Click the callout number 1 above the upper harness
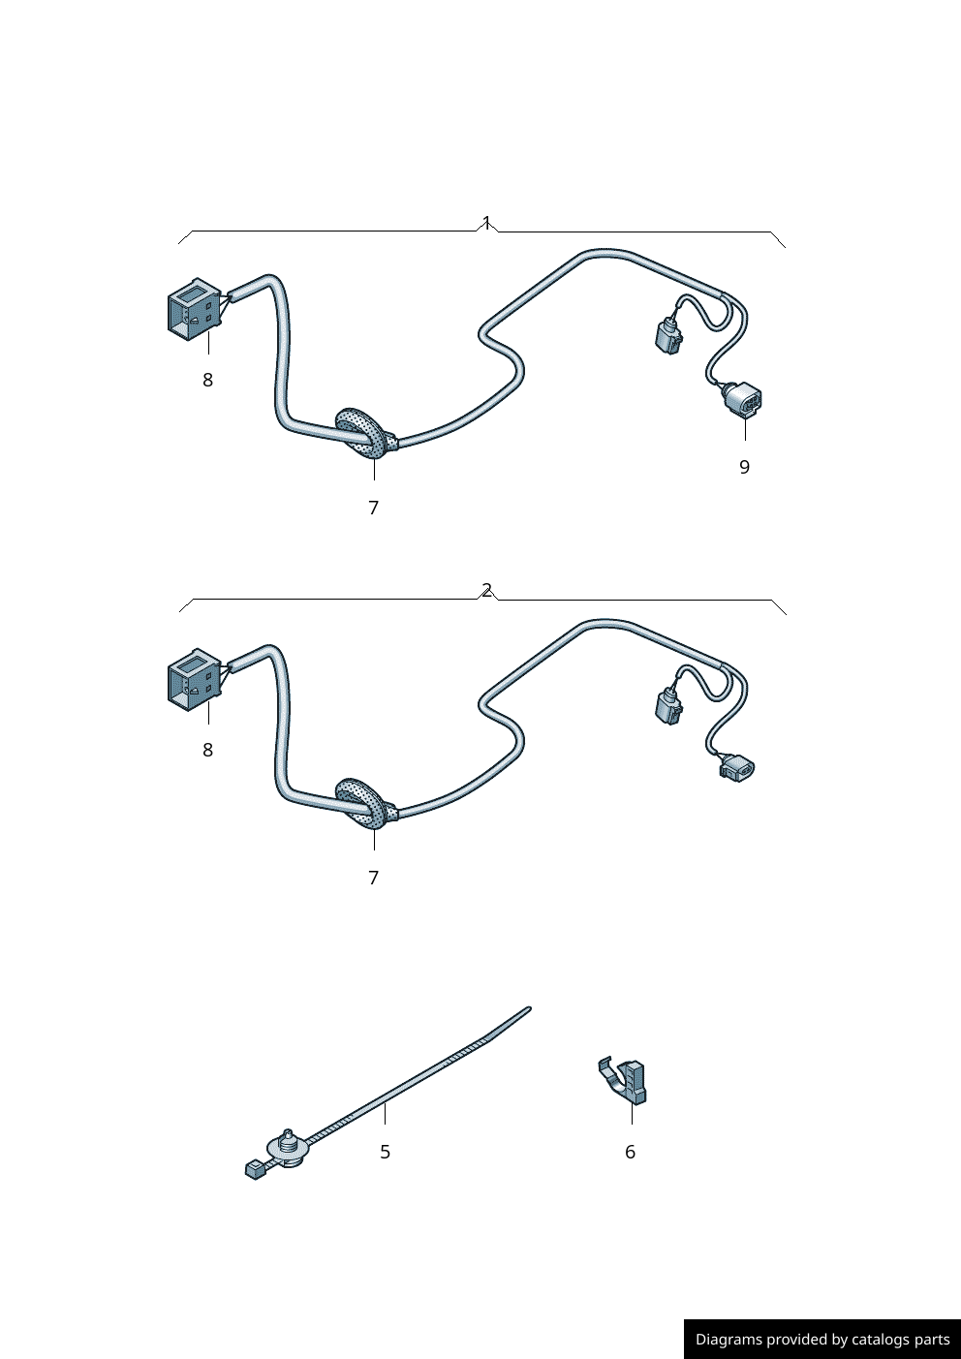(x=486, y=222)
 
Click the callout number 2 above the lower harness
(x=486, y=590)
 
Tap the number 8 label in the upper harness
(x=207, y=381)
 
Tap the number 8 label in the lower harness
(x=207, y=751)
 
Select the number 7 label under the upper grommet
(x=373, y=508)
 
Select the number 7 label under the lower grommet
(x=373, y=878)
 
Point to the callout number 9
(x=744, y=467)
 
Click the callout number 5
(x=385, y=1152)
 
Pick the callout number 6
(x=630, y=1152)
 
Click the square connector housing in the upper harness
(x=195, y=309)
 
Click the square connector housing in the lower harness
(x=195, y=679)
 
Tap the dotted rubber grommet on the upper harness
(x=364, y=432)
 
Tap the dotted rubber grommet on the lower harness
(x=364, y=802)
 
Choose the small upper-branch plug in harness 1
(x=667, y=336)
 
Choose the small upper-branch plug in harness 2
(x=668, y=706)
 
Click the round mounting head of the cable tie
(x=289, y=1149)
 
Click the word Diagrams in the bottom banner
(x=728, y=1340)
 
